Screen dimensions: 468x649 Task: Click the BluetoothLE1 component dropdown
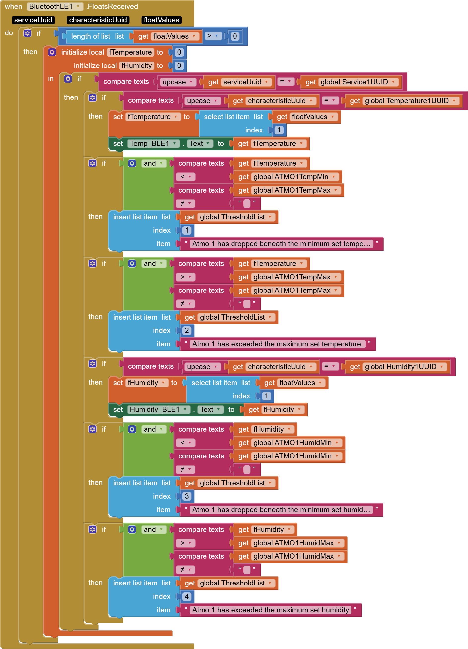[x=55, y=7]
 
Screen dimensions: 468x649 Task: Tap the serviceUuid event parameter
[x=33, y=20]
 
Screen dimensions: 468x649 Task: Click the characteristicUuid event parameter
[x=98, y=20]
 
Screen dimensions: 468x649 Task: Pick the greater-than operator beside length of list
[x=213, y=36]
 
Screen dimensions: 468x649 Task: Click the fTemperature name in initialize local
[x=130, y=52]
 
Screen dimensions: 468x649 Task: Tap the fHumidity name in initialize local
[x=137, y=66]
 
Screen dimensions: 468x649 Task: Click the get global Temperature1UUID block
[x=403, y=101]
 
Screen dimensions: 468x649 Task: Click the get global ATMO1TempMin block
[x=287, y=177]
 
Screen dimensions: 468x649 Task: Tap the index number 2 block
[x=187, y=331]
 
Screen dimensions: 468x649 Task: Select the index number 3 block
[x=187, y=496]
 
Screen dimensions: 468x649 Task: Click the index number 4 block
[x=187, y=597]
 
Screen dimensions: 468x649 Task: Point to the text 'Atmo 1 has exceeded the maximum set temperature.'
[x=277, y=344]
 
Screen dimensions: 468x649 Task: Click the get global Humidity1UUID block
[x=397, y=367]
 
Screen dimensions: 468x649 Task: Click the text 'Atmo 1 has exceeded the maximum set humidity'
[x=270, y=610]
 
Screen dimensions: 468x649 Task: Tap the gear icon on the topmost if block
[x=28, y=33]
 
